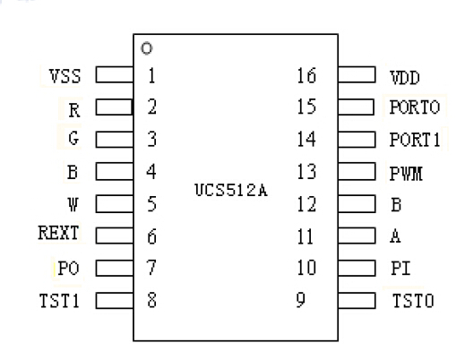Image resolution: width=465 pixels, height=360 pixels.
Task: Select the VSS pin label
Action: tap(65, 76)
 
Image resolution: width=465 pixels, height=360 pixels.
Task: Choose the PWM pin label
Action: tap(405, 172)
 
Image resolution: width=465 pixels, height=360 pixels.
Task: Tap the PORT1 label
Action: tap(414, 140)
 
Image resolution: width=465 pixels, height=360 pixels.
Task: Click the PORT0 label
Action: tap(414, 108)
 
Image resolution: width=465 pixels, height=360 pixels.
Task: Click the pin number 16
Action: tap(306, 76)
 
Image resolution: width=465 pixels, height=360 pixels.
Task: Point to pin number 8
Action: tap(152, 299)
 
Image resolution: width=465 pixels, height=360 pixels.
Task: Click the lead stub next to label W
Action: tap(114, 203)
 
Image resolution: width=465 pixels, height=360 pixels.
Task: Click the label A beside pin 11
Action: tap(394, 236)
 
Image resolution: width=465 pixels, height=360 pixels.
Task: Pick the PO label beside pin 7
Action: tap(69, 267)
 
